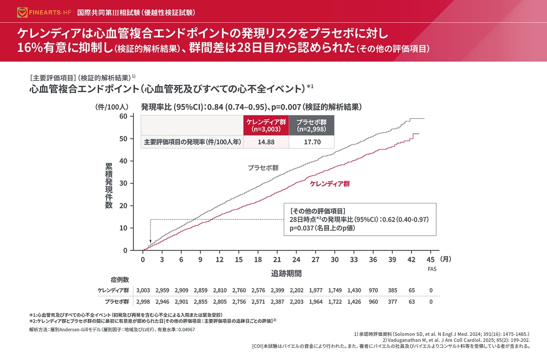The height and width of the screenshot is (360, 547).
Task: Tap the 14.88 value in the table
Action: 266,142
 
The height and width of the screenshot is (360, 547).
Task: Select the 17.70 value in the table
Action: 312,142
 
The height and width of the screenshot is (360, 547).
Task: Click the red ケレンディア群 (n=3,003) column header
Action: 266,125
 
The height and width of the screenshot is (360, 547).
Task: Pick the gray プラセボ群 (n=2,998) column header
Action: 312,125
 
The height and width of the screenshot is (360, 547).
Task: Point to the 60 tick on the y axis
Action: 123,116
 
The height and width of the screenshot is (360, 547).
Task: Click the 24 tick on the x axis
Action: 296,259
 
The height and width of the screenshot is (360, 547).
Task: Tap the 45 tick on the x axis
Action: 431,259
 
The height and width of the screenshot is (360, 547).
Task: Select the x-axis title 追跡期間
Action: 286,273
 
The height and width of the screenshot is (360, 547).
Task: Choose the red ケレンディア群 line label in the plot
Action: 330,184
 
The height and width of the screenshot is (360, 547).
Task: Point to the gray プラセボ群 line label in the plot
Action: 263,167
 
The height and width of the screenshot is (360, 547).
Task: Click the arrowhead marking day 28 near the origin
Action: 150,241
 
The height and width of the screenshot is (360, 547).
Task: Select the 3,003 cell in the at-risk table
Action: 143,290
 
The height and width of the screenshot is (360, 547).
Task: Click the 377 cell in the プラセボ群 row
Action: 392,302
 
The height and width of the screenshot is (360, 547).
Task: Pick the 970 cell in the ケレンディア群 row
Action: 373,290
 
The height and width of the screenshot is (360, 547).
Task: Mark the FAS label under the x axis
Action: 432,269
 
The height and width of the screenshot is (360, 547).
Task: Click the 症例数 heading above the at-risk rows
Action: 120,279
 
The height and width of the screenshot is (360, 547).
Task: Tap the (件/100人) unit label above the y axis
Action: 109,107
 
